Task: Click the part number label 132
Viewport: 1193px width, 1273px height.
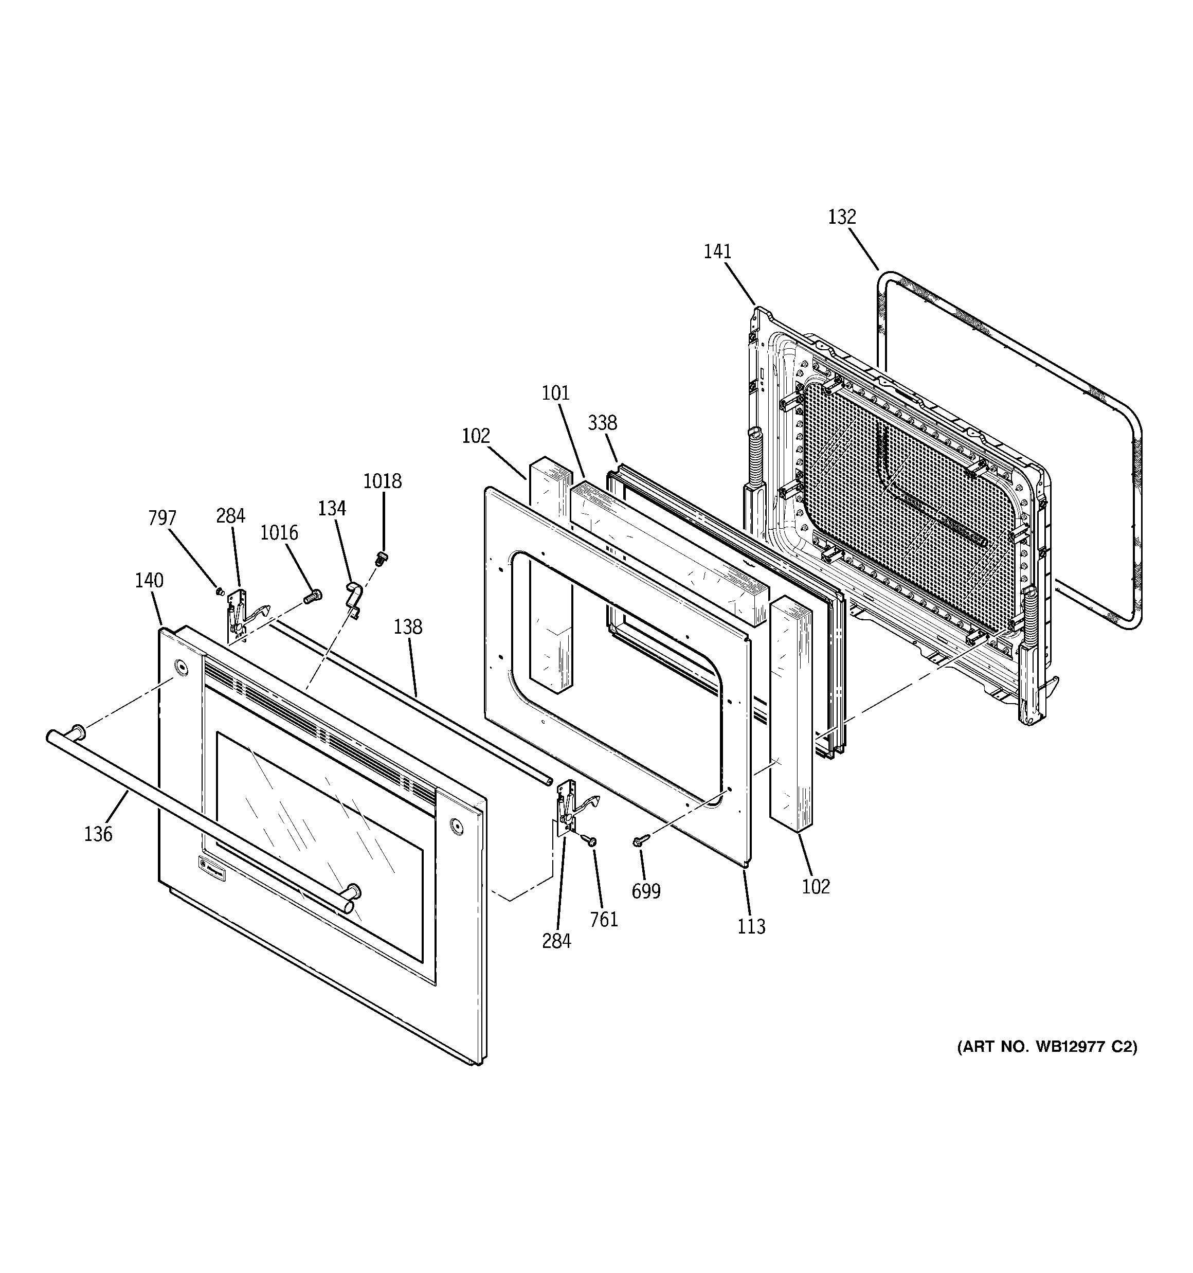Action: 841,217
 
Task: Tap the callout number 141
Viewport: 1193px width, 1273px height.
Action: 717,252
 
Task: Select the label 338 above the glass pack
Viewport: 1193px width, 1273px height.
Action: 603,423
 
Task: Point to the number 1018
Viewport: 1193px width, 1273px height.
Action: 382,481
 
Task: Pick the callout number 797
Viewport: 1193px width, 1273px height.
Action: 162,517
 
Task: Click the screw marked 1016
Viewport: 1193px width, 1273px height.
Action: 312,596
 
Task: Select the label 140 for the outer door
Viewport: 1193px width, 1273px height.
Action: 149,580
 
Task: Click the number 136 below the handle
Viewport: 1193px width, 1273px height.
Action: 98,834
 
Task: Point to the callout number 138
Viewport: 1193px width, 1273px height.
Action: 408,626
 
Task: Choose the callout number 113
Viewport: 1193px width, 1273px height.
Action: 751,926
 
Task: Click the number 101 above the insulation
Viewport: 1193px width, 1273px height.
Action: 555,392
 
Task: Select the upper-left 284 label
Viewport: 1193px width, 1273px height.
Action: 230,515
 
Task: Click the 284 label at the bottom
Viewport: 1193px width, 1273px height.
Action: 556,941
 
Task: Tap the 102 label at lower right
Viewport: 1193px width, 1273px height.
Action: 816,887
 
